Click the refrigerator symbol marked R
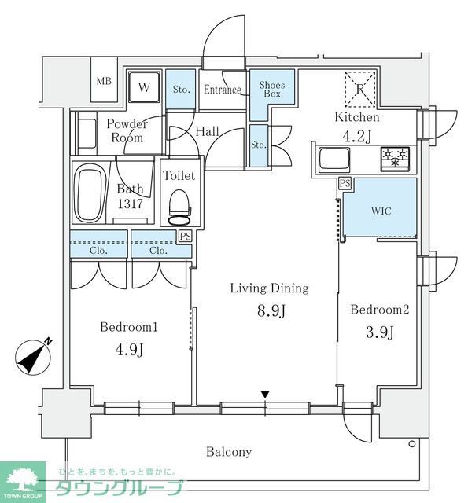[x=358, y=88]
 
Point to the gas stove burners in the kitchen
[x=396, y=158]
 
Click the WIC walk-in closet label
[x=380, y=211]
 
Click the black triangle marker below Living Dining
[x=265, y=394]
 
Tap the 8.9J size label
[x=269, y=312]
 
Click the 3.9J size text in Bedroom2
[x=379, y=332]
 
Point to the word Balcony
[x=229, y=452]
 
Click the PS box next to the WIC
[x=344, y=184]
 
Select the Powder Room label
[x=127, y=131]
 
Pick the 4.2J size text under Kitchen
[x=358, y=137]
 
